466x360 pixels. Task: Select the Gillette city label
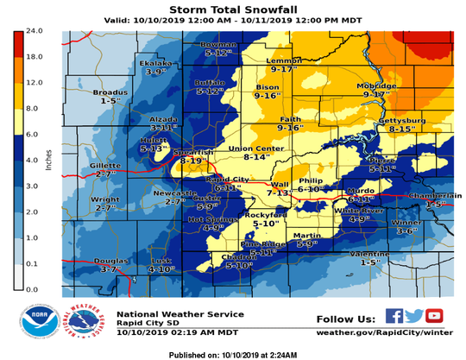pos(104,163)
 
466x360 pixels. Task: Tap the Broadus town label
pos(110,92)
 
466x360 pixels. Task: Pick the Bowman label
pos(216,44)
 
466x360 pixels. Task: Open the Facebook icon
pos(394,315)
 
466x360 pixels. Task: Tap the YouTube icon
pos(433,315)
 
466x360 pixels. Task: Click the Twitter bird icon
pos(413,315)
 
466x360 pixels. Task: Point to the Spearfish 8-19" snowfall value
pos(196,161)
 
